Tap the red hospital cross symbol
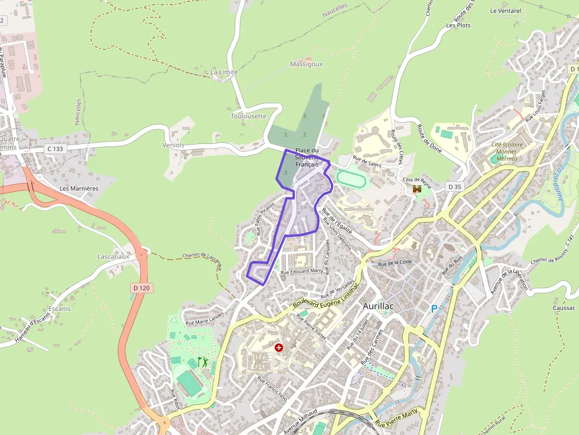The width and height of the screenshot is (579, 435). click(279, 348)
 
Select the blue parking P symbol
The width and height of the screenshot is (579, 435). click(434, 309)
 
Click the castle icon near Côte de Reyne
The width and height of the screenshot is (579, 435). click(417, 189)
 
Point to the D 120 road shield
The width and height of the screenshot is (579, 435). click(141, 288)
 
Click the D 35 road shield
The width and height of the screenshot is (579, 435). click(454, 187)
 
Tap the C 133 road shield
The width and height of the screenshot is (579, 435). click(54, 149)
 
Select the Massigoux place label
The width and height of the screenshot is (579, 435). click(307, 64)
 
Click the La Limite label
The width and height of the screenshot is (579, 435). click(225, 72)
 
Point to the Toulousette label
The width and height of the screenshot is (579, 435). click(249, 116)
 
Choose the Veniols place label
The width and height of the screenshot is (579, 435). click(174, 145)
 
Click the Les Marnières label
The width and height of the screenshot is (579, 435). click(79, 188)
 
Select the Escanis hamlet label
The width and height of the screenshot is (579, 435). click(59, 309)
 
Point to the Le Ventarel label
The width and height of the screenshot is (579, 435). click(506, 11)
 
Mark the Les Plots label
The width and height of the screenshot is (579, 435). click(458, 25)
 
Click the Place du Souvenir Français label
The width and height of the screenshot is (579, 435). click(307, 157)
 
